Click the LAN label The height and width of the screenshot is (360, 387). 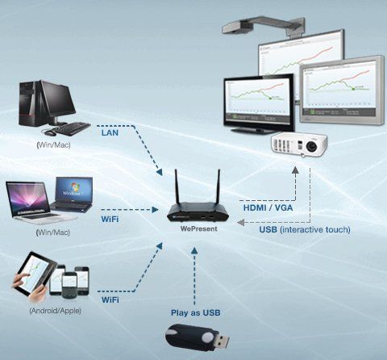110,132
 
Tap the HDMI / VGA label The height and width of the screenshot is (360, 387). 268,207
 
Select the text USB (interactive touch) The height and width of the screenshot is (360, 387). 305,230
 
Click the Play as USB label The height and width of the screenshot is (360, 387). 196,312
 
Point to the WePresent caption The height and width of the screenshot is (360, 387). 198,228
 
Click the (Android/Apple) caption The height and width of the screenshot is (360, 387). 55,311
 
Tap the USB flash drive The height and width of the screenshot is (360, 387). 197,337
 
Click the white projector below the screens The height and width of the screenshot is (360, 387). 299,144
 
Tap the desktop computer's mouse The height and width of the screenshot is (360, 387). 49,132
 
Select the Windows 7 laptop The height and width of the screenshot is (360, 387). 73,195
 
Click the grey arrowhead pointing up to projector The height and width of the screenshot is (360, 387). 295,170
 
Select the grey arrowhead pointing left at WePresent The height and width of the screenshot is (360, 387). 240,222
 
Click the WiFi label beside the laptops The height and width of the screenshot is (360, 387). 110,220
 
